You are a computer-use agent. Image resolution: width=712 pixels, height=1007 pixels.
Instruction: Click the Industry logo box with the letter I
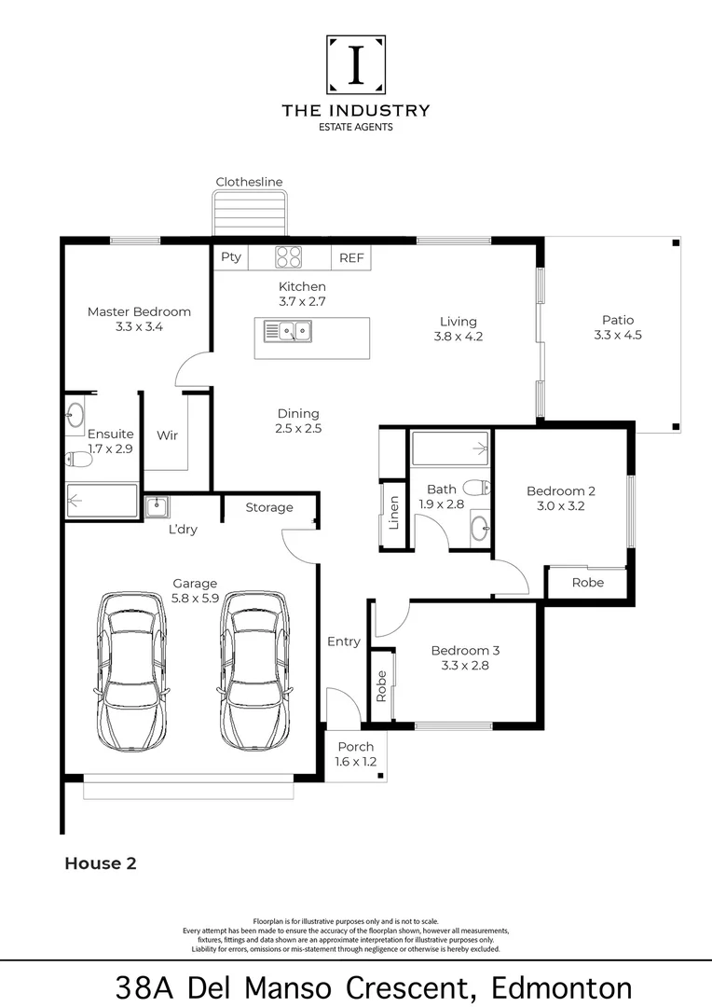355,64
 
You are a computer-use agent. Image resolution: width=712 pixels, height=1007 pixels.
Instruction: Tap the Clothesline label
249,182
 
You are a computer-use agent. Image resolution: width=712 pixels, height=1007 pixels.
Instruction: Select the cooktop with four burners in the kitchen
289,257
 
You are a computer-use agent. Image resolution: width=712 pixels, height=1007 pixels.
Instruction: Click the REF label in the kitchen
351,258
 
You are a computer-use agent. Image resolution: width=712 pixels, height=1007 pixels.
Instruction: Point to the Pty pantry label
231,257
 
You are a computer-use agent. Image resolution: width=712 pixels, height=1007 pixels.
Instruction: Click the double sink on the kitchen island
288,330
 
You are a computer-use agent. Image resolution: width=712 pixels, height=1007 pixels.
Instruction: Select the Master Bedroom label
139,311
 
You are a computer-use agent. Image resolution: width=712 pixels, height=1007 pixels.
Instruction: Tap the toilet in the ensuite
78,459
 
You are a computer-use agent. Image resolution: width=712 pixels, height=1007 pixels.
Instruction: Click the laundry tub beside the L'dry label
157,507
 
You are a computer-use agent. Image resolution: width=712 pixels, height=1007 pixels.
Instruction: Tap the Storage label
269,507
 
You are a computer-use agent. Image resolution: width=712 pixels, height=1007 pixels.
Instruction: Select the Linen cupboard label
394,513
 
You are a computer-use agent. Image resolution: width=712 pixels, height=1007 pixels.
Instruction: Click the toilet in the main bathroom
477,488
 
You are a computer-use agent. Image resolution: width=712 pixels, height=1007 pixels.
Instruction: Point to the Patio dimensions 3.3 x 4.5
618,336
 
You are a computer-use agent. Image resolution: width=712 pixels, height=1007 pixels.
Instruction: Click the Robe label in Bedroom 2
587,582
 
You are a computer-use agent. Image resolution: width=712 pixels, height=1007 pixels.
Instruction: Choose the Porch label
355,746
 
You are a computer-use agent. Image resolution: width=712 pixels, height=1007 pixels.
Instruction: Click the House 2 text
101,863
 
